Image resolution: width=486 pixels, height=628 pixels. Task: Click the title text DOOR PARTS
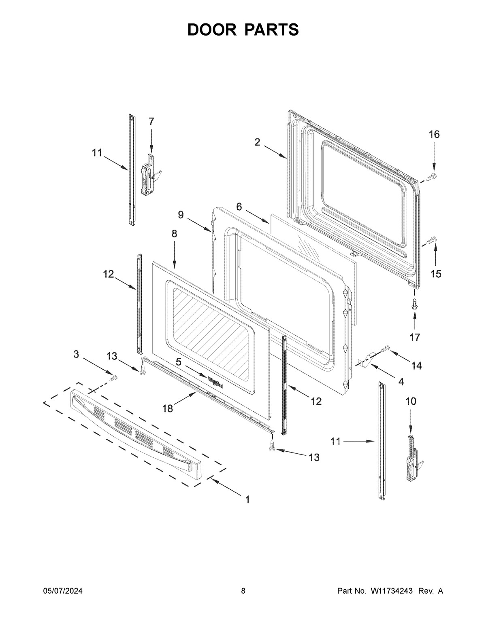[x=243, y=30]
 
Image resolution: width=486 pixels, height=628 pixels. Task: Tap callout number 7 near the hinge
[x=151, y=121]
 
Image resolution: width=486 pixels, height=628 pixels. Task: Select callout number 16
[x=434, y=134]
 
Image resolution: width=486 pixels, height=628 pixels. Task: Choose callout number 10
[x=410, y=401]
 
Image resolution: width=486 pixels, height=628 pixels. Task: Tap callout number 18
[x=167, y=408]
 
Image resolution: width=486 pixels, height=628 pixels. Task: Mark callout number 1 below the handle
[x=247, y=500]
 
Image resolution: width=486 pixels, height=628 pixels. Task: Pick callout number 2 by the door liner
[x=258, y=142]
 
